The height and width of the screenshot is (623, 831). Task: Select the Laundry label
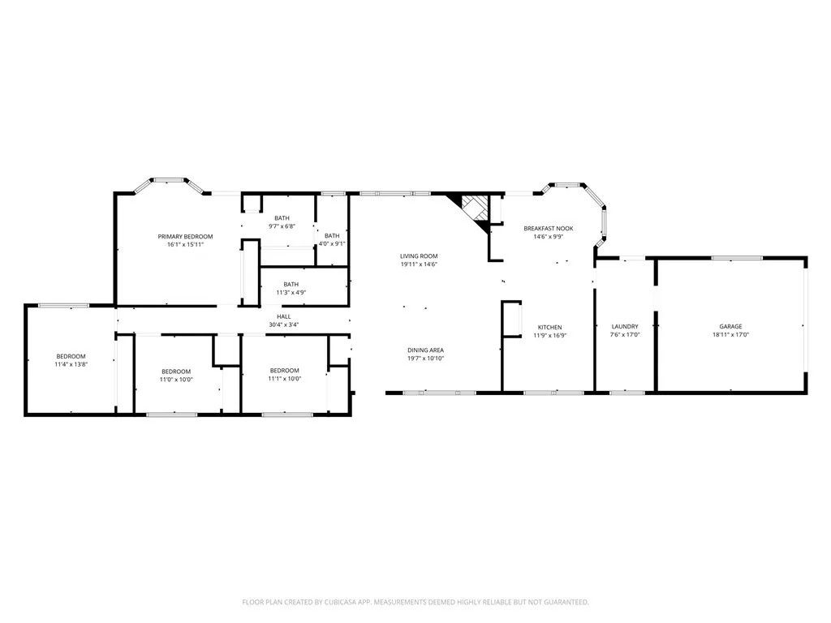[624, 326]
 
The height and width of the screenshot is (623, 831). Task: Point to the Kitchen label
[549, 327]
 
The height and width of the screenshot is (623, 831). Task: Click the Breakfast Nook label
[548, 229]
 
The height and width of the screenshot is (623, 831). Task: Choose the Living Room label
[419, 256]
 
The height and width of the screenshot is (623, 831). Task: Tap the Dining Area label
[425, 350]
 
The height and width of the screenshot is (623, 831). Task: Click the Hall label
[284, 316]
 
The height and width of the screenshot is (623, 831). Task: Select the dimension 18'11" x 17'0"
[730, 334]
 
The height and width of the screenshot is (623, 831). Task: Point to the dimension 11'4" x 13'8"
[71, 364]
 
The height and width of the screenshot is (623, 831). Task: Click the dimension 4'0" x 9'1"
[332, 243]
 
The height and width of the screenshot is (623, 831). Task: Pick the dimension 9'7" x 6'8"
[282, 226]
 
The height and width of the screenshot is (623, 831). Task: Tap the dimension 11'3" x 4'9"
[290, 292]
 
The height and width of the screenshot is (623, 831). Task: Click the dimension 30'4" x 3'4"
[284, 324]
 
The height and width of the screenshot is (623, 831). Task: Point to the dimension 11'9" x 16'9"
[549, 335]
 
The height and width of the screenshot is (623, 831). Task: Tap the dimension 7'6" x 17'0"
[624, 334]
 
